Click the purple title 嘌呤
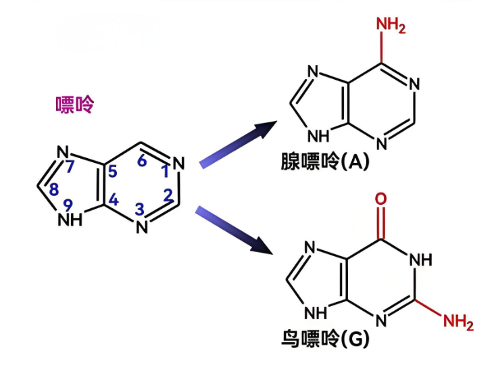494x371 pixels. (x=75, y=105)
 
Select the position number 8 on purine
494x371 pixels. (x=55, y=191)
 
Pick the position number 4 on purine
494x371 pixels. (x=113, y=200)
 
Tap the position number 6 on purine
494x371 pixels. (x=142, y=161)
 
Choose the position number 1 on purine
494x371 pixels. (x=165, y=172)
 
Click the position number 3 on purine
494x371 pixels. (x=140, y=210)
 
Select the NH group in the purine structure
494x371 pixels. (x=70, y=220)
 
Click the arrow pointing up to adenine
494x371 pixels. (x=239, y=142)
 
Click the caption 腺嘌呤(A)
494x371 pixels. (x=325, y=162)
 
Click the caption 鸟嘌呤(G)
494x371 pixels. (x=325, y=339)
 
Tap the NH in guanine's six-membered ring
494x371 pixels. (x=420, y=259)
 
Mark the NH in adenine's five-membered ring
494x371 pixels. (x=318, y=135)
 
